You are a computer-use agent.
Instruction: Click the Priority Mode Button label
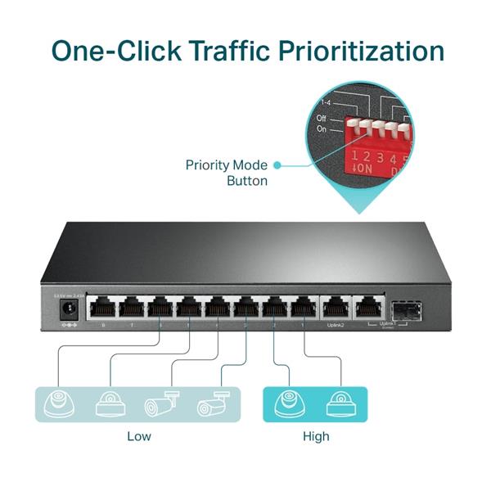pyautogui.click(x=227, y=173)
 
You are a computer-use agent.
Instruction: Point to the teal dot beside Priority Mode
pyautogui.click(x=277, y=165)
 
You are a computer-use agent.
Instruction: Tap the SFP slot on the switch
pyautogui.click(x=405, y=309)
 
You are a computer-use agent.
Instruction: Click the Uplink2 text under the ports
pyautogui.click(x=336, y=326)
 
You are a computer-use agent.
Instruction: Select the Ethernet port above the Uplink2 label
pyautogui.click(x=335, y=309)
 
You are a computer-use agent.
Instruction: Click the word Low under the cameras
pyautogui.click(x=139, y=436)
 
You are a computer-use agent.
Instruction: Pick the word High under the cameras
pyautogui.click(x=315, y=436)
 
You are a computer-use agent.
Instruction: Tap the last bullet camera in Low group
pyautogui.click(x=215, y=404)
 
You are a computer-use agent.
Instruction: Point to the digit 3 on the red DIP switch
pyautogui.click(x=379, y=156)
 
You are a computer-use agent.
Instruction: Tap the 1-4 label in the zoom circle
pyautogui.click(x=327, y=103)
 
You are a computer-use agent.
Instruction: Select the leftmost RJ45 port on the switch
pyautogui.click(x=103, y=309)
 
